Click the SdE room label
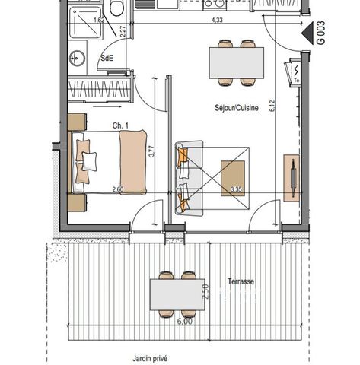pos(107,58)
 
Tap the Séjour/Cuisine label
pos(237,108)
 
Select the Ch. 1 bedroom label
pos(120,125)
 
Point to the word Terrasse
pos(241,281)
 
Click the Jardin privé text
pos(150,359)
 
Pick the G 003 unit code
pos(321,33)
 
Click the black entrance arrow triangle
pos(308,33)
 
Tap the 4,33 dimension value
pos(217,20)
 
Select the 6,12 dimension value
pos(272,106)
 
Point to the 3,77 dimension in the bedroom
pos(151,151)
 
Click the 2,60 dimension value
pos(118,189)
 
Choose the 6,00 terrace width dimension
pos(184,321)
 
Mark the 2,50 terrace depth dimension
pos(205,291)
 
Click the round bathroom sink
pos(77,58)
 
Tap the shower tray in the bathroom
pos(86,22)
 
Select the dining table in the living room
pos(237,63)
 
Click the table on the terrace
pos(177,294)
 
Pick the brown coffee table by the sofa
pos(233,178)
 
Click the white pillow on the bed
pos(89,161)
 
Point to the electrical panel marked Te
pos(293,72)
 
